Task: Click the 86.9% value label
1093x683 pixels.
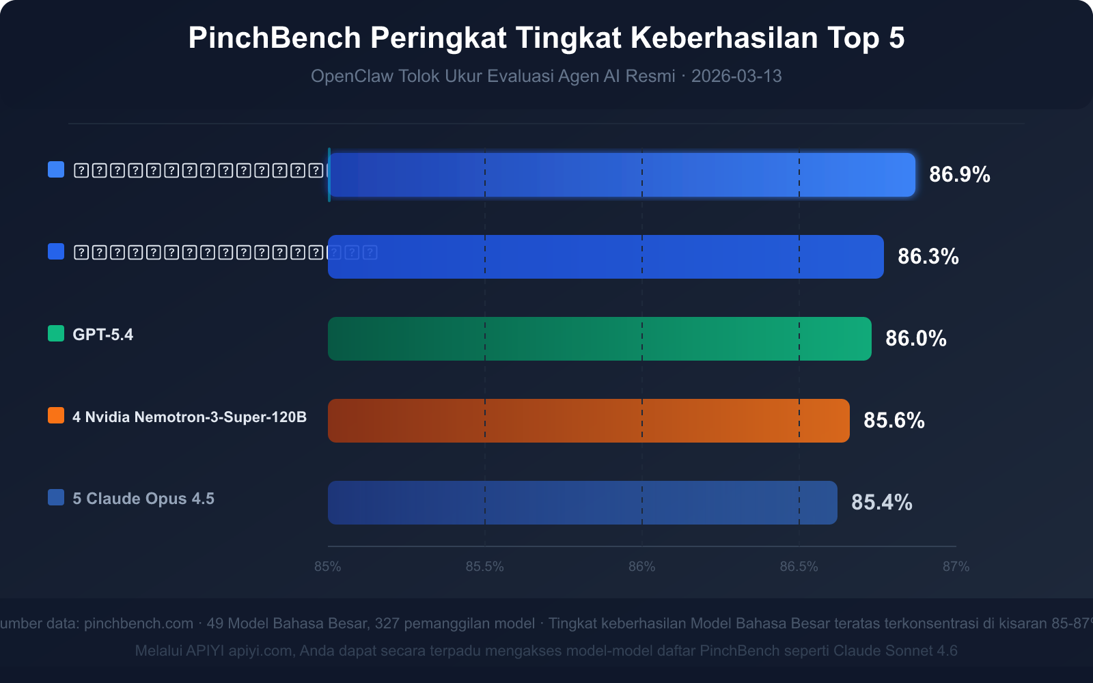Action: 959,175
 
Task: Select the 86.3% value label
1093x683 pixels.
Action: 928,257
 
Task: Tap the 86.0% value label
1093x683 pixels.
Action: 915,339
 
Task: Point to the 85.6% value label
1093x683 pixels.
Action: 894,421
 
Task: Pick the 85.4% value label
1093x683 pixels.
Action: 881,503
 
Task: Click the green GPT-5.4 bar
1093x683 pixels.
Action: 599,339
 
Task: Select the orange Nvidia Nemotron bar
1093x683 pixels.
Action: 588,421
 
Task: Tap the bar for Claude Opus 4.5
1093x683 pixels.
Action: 582,503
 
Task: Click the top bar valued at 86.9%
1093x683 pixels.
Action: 622,175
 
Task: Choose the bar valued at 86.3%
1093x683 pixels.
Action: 605,257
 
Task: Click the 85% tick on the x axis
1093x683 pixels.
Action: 328,567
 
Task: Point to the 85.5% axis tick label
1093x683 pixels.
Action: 484,567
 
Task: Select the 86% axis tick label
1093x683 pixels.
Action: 641,567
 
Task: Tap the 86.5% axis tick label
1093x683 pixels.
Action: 799,567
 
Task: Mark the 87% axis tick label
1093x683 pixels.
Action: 956,567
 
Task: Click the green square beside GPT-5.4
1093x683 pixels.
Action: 56,333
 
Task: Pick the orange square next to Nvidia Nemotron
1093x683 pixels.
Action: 56,415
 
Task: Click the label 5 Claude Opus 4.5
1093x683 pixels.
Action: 143,499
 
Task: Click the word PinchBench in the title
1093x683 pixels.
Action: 274,38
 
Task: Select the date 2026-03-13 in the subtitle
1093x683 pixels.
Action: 736,76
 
